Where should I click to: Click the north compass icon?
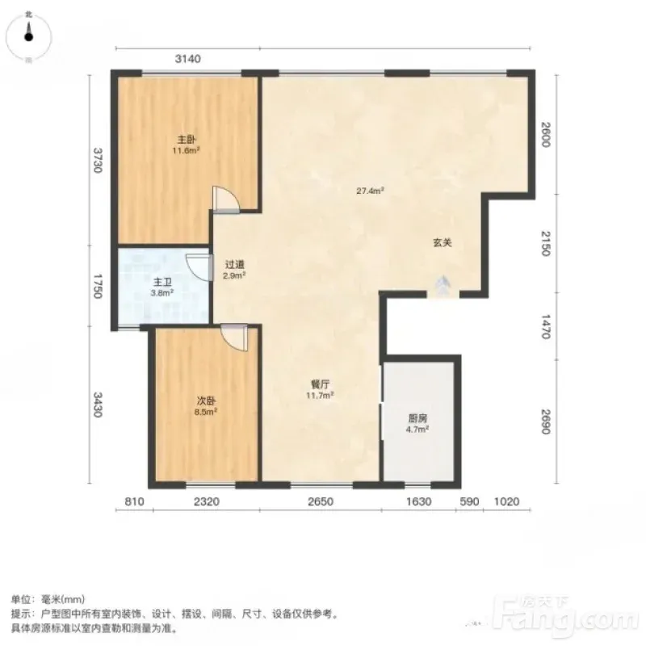tap(28, 36)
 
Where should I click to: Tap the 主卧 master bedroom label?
tap(187, 140)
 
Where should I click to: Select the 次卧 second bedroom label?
tap(206, 401)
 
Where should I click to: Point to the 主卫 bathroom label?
tap(162, 282)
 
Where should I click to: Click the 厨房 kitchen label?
tap(417, 418)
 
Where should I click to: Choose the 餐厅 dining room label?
tap(320, 384)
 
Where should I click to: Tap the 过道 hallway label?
tap(235, 265)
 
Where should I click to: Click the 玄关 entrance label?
tap(443, 243)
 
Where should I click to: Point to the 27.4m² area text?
tap(370, 191)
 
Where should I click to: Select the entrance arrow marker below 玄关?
tap(443, 285)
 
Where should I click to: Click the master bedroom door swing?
tap(226, 200)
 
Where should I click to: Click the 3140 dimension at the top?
tap(188, 59)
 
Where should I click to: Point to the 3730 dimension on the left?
tap(97, 160)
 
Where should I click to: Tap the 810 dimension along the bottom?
tap(134, 501)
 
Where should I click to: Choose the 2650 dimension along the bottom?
tap(321, 501)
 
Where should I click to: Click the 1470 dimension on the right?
tap(546, 326)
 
